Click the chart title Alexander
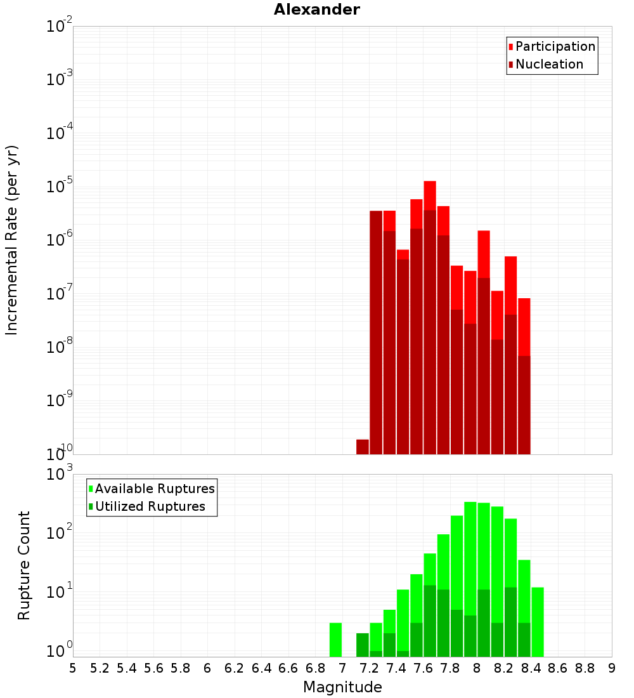[316, 10]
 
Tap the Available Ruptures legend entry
[155, 489]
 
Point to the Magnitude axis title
[342, 687]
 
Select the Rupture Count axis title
[24, 565]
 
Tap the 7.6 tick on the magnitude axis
[423, 668]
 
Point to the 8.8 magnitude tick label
[585, 668]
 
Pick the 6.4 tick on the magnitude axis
[261, 668]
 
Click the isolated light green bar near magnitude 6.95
[335, 640]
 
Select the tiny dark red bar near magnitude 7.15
[363, 447]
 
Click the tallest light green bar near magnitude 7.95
[470, 558]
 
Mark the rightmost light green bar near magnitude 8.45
[538, 622]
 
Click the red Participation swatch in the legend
[510, 47]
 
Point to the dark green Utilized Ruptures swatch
[91, 507]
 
